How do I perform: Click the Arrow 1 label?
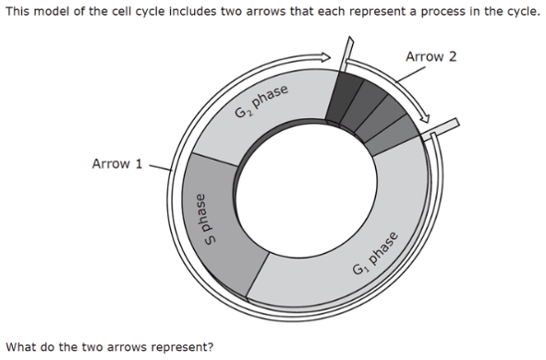(117, 164)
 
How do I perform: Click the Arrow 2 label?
(431, 57)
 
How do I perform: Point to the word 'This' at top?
(18, 11)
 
